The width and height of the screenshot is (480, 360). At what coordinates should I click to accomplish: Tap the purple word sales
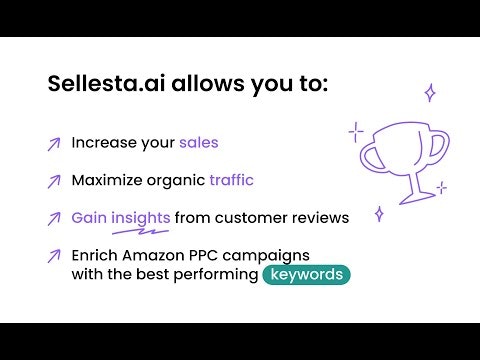199,143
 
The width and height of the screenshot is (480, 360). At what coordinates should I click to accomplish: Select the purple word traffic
231,181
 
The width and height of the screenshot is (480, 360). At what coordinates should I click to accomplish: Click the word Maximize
109,181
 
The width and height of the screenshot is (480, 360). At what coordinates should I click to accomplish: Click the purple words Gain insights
121,218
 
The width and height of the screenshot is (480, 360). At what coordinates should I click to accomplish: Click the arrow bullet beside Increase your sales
53,144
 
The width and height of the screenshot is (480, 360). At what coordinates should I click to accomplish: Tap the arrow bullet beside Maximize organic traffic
53,182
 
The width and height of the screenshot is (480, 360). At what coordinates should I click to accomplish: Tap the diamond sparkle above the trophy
430,93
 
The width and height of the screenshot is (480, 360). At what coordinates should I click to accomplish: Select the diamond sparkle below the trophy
378,213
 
